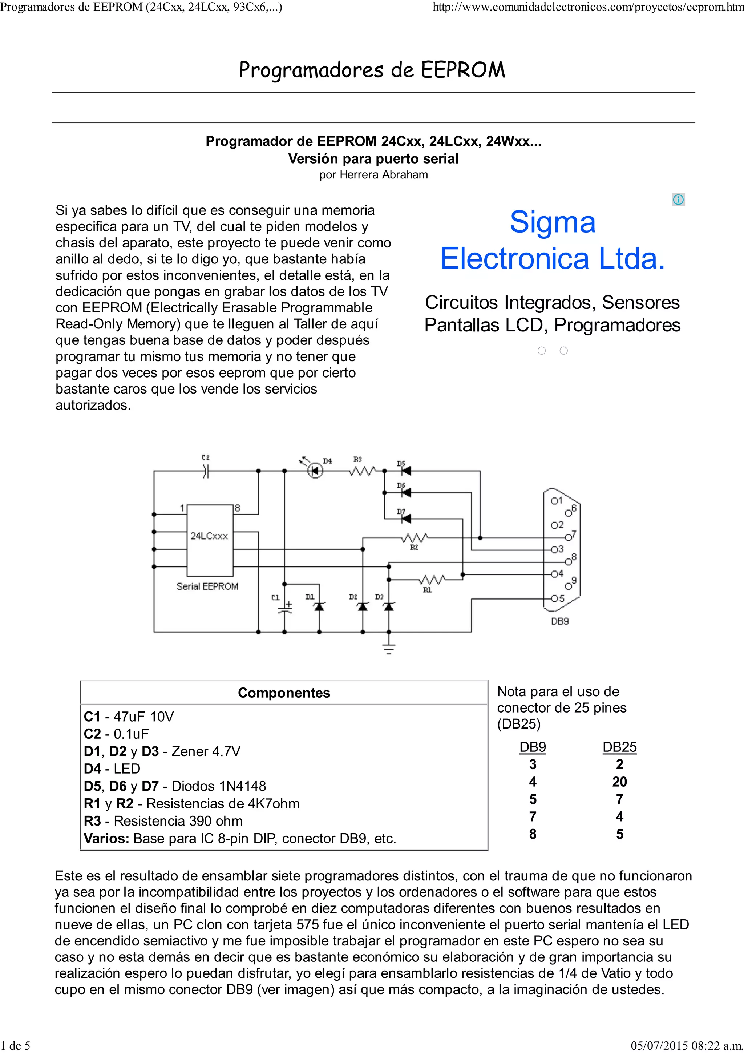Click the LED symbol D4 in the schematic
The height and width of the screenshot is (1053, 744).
point(315,471)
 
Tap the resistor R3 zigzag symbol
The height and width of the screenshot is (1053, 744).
point(363,471)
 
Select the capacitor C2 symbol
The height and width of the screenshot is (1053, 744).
point(206,471)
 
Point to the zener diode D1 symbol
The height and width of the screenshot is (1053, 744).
point(320,607)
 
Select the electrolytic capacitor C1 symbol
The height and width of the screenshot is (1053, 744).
point(285,608)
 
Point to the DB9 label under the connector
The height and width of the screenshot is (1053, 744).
point(560,621)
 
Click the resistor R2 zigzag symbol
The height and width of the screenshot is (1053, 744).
point(415,537)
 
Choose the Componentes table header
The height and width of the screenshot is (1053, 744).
point(284,693)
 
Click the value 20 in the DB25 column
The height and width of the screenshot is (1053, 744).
point(619,782)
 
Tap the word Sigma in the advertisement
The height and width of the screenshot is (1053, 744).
point(553,222)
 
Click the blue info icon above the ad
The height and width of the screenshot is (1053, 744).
point(678,199)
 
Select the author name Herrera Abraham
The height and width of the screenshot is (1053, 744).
point(384,175)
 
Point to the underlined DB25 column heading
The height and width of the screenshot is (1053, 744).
point(619,747)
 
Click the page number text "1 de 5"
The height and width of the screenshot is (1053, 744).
point(16,1046)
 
